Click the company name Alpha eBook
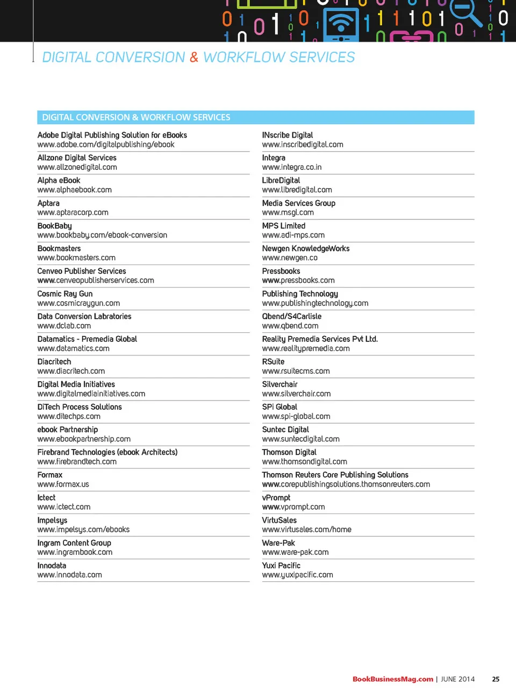pyautogui.click(x=59, y=181)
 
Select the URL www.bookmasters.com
pyautogui.click(x=76, y=258)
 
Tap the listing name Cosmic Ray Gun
pyautogui.click(x=65, y=294)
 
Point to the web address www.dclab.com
pyautogui.click(x=64, y=326)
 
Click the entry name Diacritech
pyautogui.click(x=54, y=362)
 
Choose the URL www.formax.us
pyautogui.click(x=63, y=484)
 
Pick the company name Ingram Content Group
pyautogui.click(x=74, y=543)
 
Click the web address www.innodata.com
pyautogui.click(x=69, y=575)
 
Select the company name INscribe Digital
pyautogui.click(x=287, y=135)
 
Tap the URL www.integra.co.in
pyautogui.click(x=291, y=167)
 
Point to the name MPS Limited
pyautogui.click(x=283, y=226)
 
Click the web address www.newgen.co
pyautogui.click(x=289, y=258)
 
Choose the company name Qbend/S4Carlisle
pyautogui.click(x=291, y=317)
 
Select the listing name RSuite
pyautogui.click(x=273, y=362)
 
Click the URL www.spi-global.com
pyautogui.click(x=296, y=417)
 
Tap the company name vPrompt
pyautogui.click(x=276, y=498)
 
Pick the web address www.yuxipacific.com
pyautogui.click(x=297, y=575)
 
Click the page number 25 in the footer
pyautogui.click(x=496, y=679)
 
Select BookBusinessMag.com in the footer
pyautogui.click(x=392, y=679)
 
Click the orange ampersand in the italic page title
pyautogui.click(x=194, y=57)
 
